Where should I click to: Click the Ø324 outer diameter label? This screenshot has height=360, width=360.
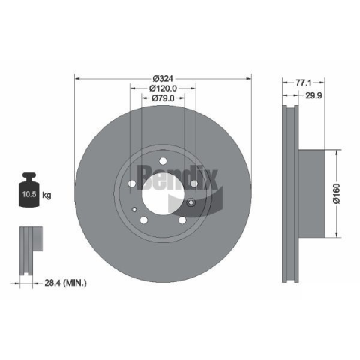[163, 79]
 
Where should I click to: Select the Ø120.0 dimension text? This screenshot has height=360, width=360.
[163, 88]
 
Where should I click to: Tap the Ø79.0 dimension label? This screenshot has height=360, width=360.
[163, 98]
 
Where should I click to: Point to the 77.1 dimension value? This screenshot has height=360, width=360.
[304, 82]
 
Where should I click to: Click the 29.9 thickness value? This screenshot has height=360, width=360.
[313, 95]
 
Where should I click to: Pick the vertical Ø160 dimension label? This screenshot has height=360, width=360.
[337, 193]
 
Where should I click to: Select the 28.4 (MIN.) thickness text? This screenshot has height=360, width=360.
[65, 283]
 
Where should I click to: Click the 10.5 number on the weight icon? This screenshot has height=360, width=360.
[29, 194]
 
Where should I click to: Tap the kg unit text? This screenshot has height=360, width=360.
[46, 195]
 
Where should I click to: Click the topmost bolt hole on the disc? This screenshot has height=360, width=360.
[163, 161]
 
